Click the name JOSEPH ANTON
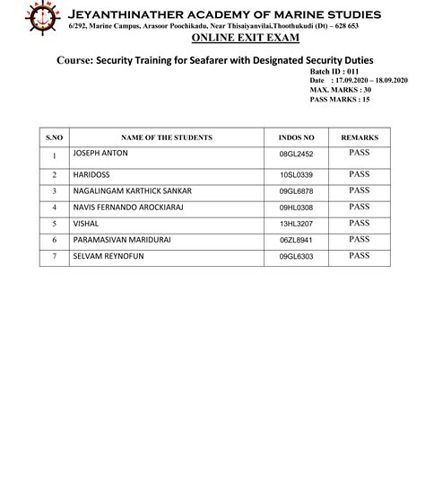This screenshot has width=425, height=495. pos(100,154)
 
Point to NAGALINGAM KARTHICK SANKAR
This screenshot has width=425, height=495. pos(131,190)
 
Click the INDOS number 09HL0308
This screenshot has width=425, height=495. pos(296,208)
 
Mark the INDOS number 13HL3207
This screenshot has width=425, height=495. pos(296,224)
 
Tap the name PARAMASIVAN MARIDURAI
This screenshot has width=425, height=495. pos(120,240)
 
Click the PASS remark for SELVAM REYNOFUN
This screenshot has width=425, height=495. pos(360,256)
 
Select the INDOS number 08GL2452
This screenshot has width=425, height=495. pos(296,155)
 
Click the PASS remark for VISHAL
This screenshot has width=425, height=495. pos(360,223)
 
